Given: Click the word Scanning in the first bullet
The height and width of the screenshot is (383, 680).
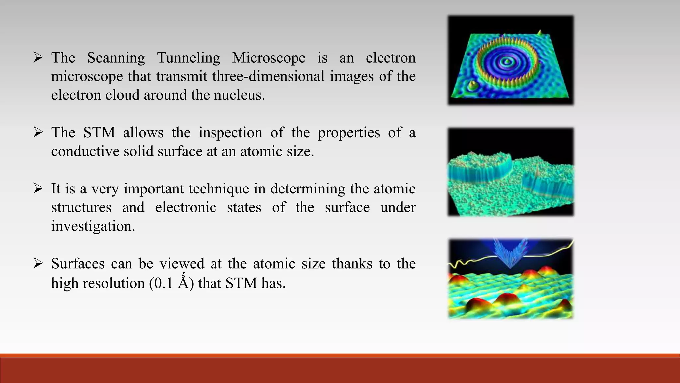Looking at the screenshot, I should (x=116, y=58).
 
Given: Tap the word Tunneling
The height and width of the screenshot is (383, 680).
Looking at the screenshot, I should (x=188, y=58).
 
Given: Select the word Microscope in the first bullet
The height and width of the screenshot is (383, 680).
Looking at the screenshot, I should (x=269, y=58).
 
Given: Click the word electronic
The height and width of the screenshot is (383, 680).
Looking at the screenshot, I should (x=186, y=208).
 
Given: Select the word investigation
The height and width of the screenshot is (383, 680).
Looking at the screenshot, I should (x=93, y=227).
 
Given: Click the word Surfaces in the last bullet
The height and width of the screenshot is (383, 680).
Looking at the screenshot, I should (x=78, y=264).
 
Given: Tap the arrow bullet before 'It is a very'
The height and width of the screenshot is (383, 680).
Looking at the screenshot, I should (x=38, y=189).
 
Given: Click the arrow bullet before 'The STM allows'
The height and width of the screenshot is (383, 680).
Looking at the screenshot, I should (x=38, y=133).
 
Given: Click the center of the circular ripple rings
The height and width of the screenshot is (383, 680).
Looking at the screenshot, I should (x=507, y=61).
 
